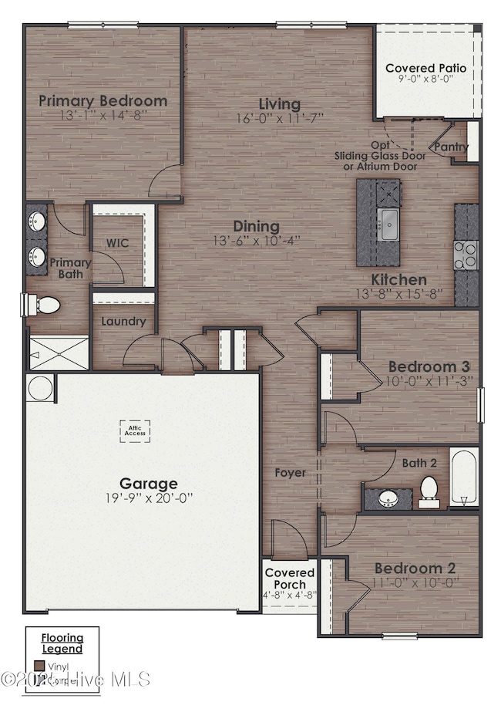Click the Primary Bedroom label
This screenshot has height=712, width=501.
(x=103, y=100)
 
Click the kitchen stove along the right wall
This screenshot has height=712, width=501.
(x=466, y=254)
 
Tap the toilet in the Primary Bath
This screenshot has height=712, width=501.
(x=45, y=305)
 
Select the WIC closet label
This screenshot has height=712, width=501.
(x=117, y=243)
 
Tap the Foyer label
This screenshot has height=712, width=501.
(x=290, y=472)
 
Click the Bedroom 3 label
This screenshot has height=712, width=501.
(x=429, y=366)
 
